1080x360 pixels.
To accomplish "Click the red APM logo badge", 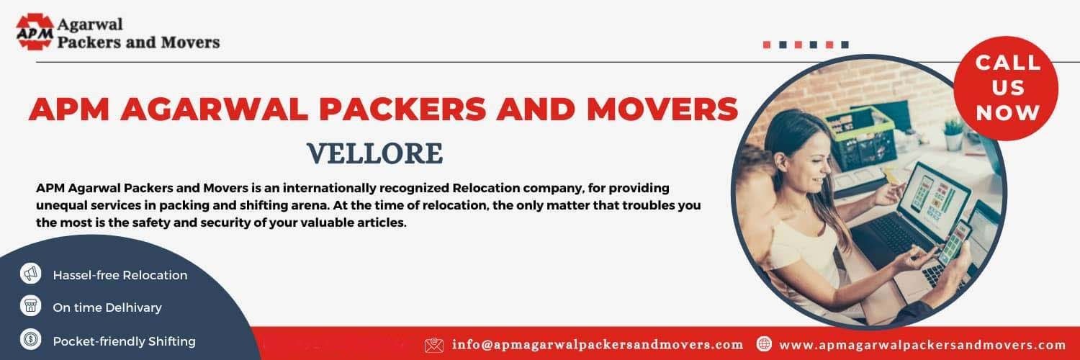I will coord(35,32).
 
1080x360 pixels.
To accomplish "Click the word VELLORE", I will coord(374,153).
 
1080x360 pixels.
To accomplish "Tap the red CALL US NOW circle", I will coord(1007,86).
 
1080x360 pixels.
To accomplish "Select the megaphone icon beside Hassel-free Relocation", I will coord(30,274).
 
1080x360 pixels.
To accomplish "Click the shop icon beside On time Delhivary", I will coord(30,307).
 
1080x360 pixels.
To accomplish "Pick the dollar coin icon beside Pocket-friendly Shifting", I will coord(30,340).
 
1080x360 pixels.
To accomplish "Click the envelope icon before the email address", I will coord(434,345).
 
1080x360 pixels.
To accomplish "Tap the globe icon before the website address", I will coord(764,345).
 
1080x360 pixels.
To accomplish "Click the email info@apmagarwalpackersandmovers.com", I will coord(598,345).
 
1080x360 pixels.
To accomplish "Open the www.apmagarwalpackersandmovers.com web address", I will coord(922,345).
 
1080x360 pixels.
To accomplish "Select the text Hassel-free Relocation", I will coord(120,275).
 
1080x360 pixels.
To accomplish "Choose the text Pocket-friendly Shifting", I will coord(124,341).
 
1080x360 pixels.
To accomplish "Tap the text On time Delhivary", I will coord(107,307).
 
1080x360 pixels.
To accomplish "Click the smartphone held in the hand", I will coord(955,245).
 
